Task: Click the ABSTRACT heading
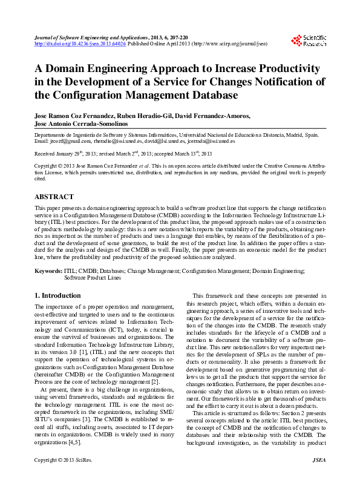[54, 197]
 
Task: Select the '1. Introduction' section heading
[57, 295]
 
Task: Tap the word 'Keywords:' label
[48, 272]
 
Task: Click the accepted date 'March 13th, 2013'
[214, 154]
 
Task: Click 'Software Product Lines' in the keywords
[93, 278]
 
